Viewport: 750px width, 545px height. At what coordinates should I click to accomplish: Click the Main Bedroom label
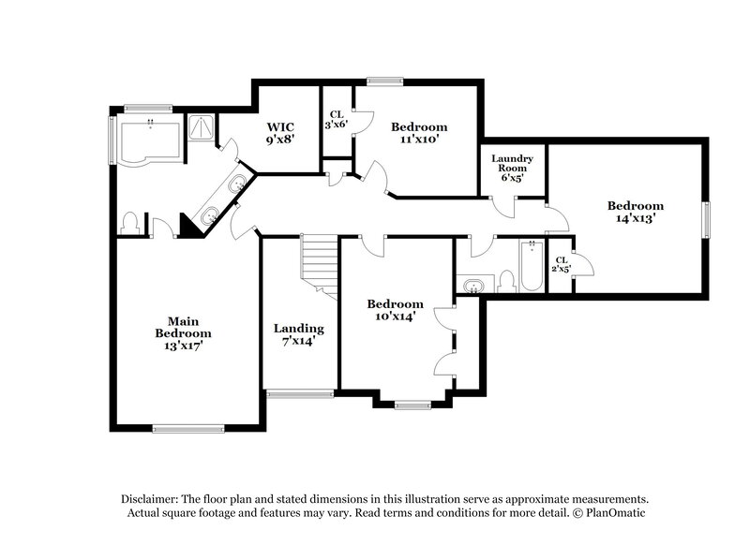coord(183,326)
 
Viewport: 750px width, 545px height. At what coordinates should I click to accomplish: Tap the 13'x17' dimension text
coord(183,346)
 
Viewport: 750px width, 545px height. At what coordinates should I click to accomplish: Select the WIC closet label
coord(281,126)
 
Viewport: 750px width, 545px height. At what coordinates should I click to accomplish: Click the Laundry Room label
coord(513,164)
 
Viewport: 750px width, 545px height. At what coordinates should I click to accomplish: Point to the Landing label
coord(298,329)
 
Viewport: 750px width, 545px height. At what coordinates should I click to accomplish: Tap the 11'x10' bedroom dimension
coord(419,140)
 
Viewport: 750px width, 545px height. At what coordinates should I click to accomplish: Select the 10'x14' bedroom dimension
coord(395,317)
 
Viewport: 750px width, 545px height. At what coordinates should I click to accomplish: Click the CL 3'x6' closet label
coord(336,119)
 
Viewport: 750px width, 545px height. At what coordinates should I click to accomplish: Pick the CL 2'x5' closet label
coord(561,264)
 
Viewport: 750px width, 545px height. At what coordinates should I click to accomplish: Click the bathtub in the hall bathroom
coord(532,265)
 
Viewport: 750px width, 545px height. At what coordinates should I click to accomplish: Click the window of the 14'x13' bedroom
coord(708,219)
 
